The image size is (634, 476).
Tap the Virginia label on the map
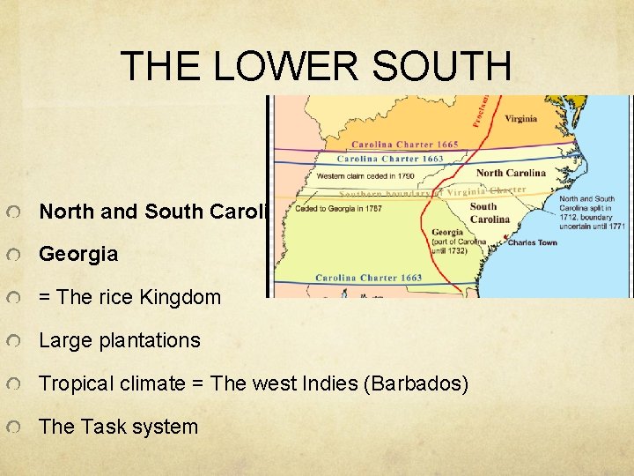[520, 119]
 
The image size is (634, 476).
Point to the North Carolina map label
[511, 173]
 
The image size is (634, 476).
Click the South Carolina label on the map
[490, 213]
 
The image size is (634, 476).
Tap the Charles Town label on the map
[533, 242]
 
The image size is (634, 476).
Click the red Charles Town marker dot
[504, 241]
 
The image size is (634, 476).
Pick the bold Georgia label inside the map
[447, 234]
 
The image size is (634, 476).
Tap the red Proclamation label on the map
[485, 110]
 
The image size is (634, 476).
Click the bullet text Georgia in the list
[78, 254]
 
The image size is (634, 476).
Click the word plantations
[149, 340]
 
